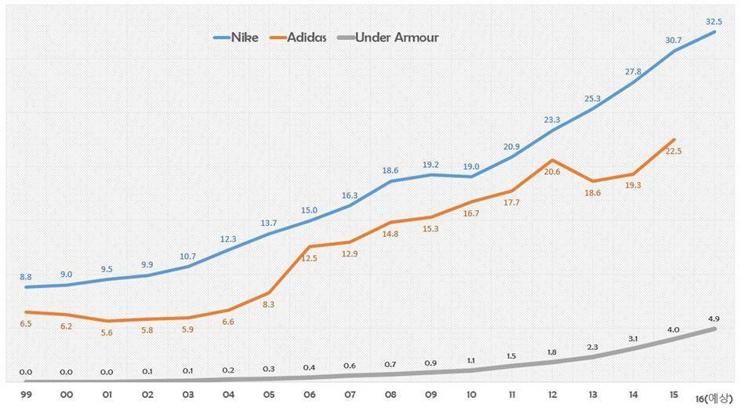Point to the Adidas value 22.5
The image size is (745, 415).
coord(673,151)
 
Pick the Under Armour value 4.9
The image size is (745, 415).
coord(714,319)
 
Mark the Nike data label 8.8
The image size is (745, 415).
coord(25,276)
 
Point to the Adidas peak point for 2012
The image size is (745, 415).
coord(554,160)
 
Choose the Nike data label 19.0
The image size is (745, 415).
coord(471,166)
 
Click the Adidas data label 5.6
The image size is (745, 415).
coord(107,332)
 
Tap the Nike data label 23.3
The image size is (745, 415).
coord(551,119)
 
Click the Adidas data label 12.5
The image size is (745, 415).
coord(309,258)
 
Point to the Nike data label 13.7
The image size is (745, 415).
coord(269,223)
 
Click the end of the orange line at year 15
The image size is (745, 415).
coord(674,140)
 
